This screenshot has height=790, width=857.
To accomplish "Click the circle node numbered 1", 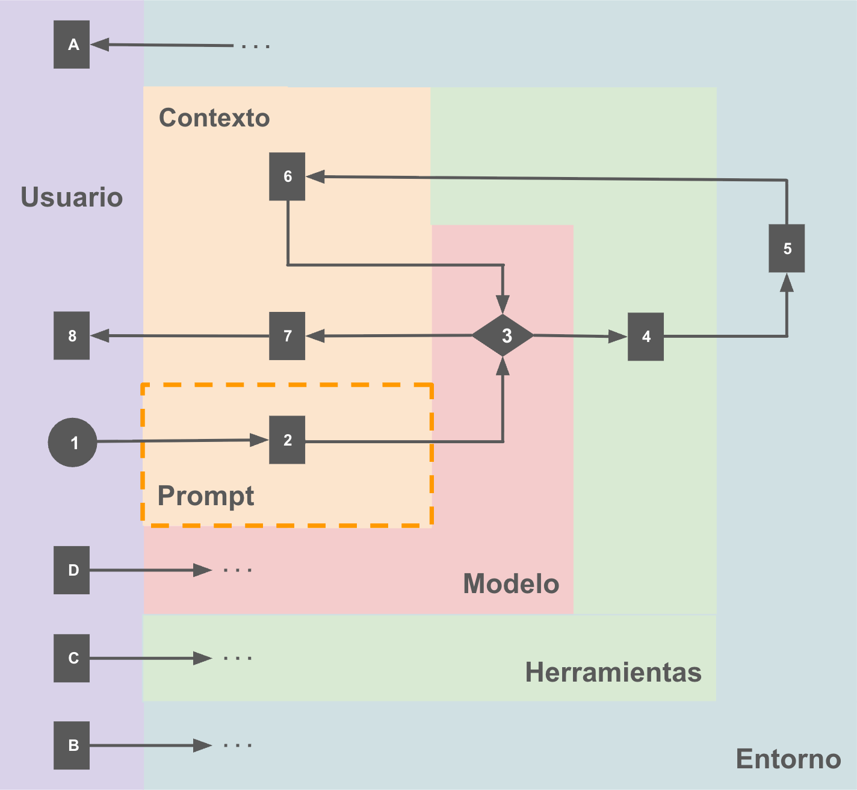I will (72, 442).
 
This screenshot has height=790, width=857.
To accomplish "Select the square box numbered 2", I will (287, 440).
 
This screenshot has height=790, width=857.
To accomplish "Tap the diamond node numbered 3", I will (503, 335).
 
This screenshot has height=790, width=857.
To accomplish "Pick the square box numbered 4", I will (646, 337).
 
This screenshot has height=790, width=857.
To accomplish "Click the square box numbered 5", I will (787, 248).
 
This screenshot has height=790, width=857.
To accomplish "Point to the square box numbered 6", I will (287, 176).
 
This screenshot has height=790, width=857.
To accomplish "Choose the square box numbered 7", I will (287, 336).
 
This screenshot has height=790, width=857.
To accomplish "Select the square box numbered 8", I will (72, 336).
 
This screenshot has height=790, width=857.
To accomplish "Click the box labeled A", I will (72, 45).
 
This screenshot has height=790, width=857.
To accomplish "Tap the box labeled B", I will (72, 745).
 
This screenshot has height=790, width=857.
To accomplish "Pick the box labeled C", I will (72, 658).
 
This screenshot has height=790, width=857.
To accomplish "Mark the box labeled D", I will (72, 570).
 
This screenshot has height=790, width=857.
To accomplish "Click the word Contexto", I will (214, 117).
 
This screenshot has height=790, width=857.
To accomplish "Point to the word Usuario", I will (72, 197).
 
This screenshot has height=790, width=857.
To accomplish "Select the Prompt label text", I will (206, 496).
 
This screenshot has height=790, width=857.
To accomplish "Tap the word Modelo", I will (511, 583).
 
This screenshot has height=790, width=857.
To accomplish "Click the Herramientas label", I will (613, 672).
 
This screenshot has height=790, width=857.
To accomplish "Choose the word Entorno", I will (788, 759).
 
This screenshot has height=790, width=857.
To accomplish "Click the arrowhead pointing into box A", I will (99, 45).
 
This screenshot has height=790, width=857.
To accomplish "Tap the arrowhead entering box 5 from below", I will (787, 282).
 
